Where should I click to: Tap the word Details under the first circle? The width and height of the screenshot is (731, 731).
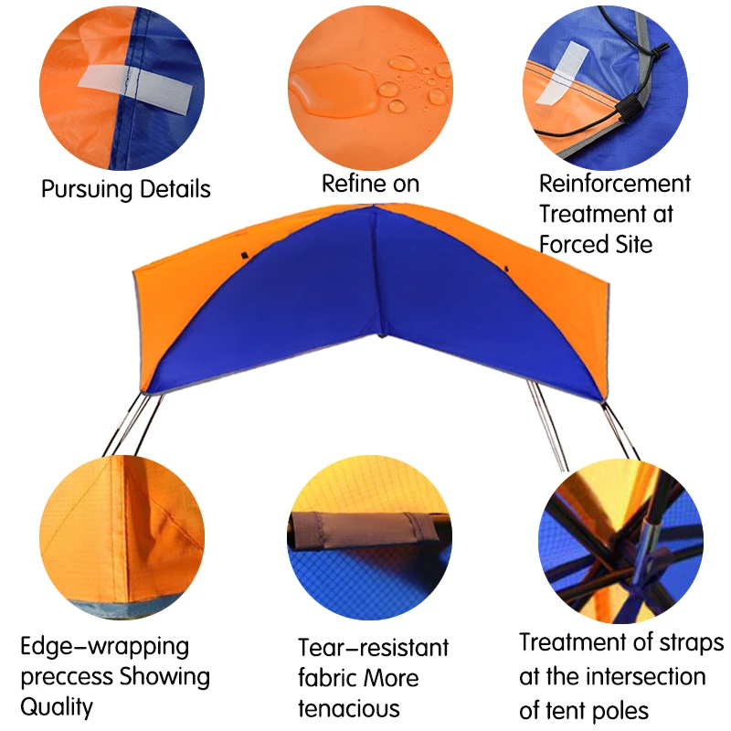(x=175, y=189)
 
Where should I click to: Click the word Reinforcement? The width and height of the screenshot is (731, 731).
(x=615, y=184)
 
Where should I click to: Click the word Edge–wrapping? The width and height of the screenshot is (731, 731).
(x=105, y=648)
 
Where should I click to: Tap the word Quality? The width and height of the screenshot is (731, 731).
(x=57, y=707)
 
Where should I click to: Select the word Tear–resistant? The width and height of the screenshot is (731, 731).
(x=374, y=648)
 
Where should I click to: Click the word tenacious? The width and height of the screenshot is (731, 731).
(x=349, y=708)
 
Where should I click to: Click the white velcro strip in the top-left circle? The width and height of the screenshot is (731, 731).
(x=134, y=88)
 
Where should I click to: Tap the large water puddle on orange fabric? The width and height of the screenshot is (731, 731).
(x=333, y=90)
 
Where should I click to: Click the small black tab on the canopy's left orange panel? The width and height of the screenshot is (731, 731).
(x=244, y=255)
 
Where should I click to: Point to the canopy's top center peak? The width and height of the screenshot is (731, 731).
(x=375, y=206)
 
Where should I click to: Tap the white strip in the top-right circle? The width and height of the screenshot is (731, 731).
(x=561, y=72)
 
